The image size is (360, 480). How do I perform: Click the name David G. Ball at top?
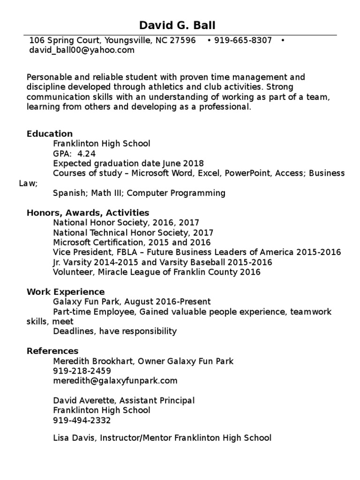(178, 25)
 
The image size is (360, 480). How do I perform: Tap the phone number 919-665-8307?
(243, 41)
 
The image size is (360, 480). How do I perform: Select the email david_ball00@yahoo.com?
(81, 50)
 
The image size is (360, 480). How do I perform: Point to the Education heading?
(50, 134)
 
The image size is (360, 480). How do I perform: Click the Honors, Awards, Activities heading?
(88, 213)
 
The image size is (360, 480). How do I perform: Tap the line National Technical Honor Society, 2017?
(133, 232)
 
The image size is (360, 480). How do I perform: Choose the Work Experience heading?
(66, 292)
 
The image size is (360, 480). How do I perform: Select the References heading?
(52, 351)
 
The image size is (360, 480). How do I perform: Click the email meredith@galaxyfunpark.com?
(115, 381)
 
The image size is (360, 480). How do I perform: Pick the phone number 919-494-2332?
(82, 420)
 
